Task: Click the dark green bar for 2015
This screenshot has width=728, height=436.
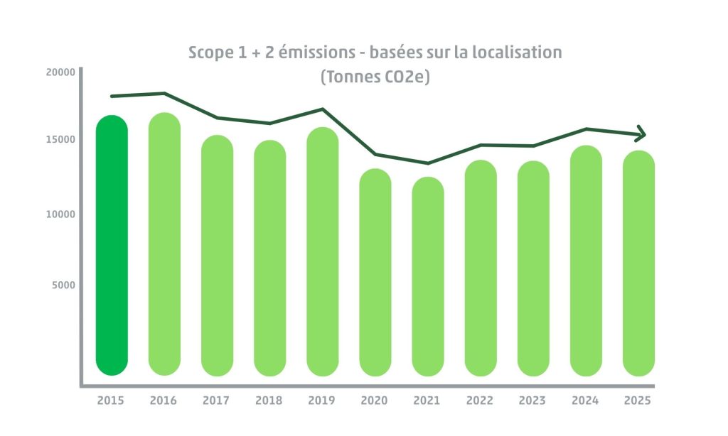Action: (112, 245)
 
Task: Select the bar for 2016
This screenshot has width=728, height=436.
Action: (164, 244)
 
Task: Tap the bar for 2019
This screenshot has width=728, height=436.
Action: (322, 251)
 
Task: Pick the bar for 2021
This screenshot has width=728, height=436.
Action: (427, 276)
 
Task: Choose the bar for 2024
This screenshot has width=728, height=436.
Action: (586, 261)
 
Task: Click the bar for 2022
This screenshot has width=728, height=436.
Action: (480, 268)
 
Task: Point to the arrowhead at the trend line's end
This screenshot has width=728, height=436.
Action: (641, 133)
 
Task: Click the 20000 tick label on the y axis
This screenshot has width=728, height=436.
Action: (60, 72)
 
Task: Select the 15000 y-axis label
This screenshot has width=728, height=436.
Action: (60, 139)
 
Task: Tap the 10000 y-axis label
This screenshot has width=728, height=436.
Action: (60, 214)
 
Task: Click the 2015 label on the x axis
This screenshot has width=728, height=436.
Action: (110, 400)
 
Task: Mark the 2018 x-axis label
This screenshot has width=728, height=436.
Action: (269, 400)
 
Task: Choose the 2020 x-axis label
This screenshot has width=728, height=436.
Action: (374, 400)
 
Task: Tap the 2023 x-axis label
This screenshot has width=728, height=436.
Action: (532, 400)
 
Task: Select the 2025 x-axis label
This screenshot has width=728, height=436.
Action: (638, 400)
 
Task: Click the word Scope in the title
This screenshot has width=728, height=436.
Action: (210, 53)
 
